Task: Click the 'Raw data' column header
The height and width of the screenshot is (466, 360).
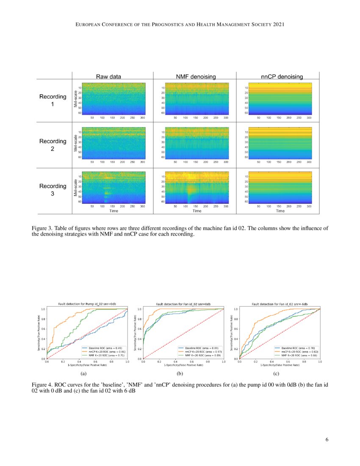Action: tap(109, 77)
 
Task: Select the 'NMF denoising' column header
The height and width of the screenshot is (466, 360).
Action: tap(196, 77)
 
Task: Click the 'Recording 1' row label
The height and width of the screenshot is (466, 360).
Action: tap(53, 100)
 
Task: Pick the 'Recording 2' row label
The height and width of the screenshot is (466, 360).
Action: tap(53, 145)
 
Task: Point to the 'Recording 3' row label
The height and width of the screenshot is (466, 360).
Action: tap(53, 190)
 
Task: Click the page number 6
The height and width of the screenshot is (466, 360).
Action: tap(327, 439)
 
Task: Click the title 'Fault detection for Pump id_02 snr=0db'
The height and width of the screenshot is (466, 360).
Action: tap(87, 304)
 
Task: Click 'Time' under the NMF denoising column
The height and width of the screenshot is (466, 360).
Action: tap(197, 211)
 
